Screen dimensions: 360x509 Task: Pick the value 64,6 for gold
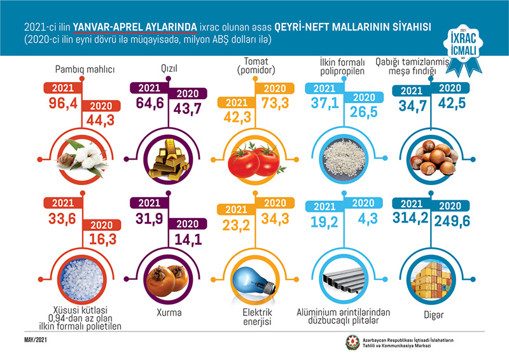coord(148,102)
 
